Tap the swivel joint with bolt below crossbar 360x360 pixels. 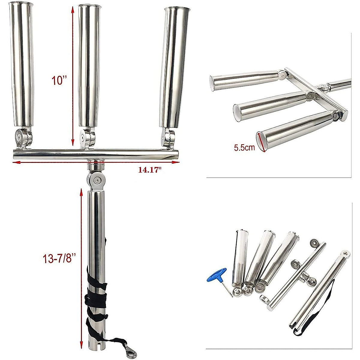click(96, 180)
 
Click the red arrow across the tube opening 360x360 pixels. click(261, 142)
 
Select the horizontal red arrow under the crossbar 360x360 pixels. click(96, 162)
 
